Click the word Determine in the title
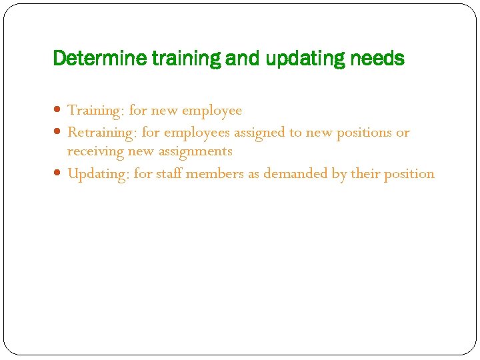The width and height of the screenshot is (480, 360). pos(101,59)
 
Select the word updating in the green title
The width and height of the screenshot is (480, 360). pos(304,59)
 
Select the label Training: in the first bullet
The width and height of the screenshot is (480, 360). pos(97,110)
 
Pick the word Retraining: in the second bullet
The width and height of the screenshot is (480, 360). pos(103,132)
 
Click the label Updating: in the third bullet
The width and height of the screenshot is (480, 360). pos(99,174)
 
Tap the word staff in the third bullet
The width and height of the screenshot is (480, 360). pos(170,174)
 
